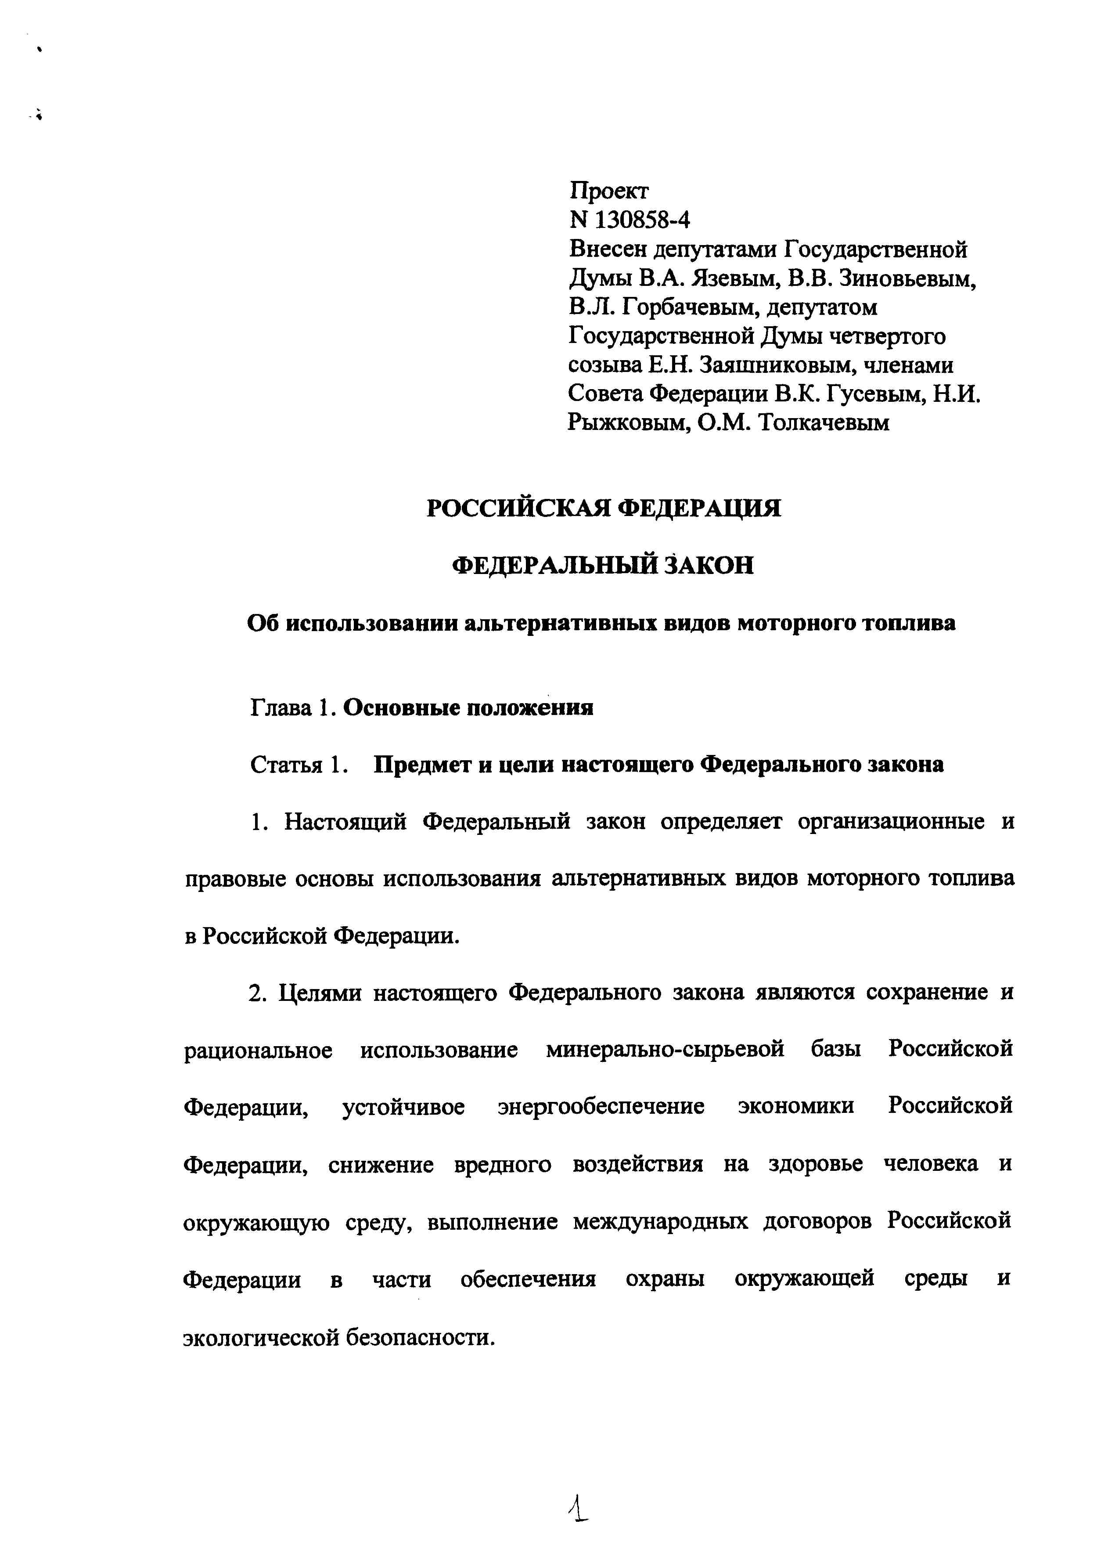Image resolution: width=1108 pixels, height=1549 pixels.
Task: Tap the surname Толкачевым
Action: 824,424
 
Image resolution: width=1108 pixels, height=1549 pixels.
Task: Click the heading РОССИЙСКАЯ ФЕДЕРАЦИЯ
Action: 603,509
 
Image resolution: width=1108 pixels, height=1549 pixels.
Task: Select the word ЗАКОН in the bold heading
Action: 709,566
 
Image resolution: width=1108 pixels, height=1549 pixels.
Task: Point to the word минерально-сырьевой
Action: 665,1050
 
